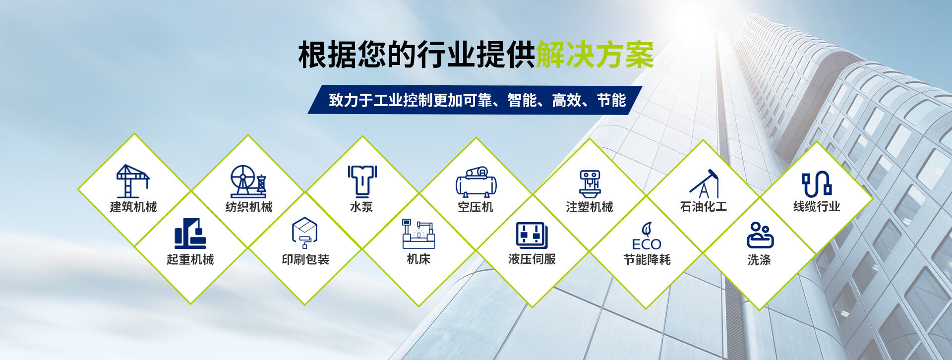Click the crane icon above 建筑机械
[x=132, y=181]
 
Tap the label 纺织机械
[x=249, y=207]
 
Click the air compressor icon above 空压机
[x=476, y=182]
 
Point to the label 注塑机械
[x=590, y=207]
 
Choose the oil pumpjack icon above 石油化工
[x=704, y=183]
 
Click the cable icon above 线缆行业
[x=817, y=184]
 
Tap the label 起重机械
[x=190, y=259]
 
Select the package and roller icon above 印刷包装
[x=304, y=233]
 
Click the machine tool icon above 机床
[x=418, y=234]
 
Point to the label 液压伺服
[x=532, y=259]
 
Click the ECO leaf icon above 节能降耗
[x=647, y=236]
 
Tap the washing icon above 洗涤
[x=760, y=235]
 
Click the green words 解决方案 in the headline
[x=595, y=55]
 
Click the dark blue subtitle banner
[x=475, y=100]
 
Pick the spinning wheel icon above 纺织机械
[x=248, y=181]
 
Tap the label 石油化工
[x=704, y=207]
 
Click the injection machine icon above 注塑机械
[x=590, y=184]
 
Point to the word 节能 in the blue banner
[x=611, y=100]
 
